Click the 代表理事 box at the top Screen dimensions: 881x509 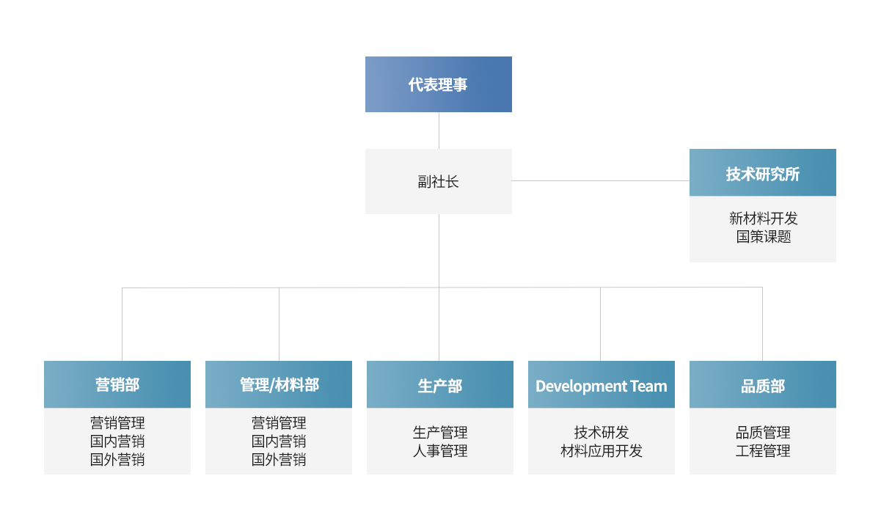tap(439, 84)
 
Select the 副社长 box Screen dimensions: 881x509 tap(439, 181)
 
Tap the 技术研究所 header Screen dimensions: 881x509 tap(763, 172)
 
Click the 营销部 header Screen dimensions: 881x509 tap(117, 384)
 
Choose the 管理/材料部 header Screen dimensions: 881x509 tap(279, 384)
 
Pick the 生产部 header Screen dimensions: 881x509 tap(440, 384)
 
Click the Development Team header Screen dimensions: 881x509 tap(602, 384)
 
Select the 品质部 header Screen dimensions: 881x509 tap(763, 384)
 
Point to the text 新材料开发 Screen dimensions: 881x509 tap(763, 219)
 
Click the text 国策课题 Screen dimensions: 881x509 tap(764, 237)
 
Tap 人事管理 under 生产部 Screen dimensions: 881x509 tap(440, 451)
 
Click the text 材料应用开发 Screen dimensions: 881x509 tap(602, 451)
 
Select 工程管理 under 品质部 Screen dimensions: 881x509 tap(763, 451)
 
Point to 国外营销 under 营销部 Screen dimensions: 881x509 tap(117, 459)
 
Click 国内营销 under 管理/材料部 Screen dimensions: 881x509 tap(279, 442)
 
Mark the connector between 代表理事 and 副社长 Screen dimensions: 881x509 tap(439, 131)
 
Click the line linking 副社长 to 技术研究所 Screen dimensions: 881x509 tap(601, 181)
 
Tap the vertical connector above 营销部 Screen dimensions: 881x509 tap(122, 324)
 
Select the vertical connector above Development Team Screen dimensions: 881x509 tap(600, 324)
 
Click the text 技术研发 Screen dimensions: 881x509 tap(602, 432)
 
